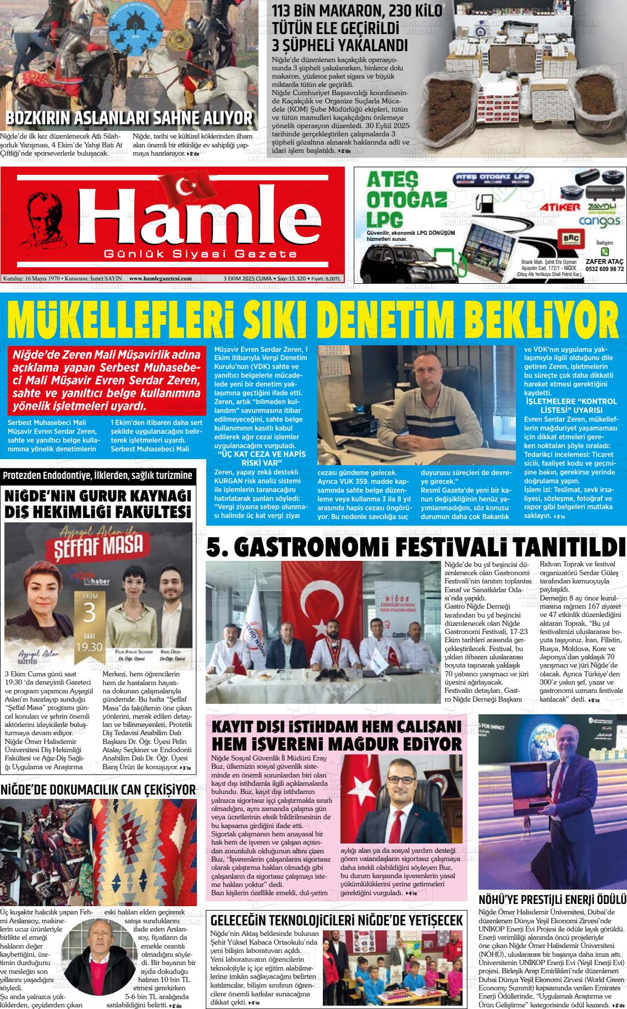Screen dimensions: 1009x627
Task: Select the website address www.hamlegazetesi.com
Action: click(x=160, y=278)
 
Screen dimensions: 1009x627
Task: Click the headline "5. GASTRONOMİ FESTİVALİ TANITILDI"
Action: click(x=416, y=547)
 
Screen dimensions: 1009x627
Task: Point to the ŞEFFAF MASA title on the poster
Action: click(x=100, y=544)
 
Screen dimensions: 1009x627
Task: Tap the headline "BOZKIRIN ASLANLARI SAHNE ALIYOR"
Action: click(x=129, y=118)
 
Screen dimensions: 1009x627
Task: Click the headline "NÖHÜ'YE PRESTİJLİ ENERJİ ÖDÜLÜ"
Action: click(x=552, y=899)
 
